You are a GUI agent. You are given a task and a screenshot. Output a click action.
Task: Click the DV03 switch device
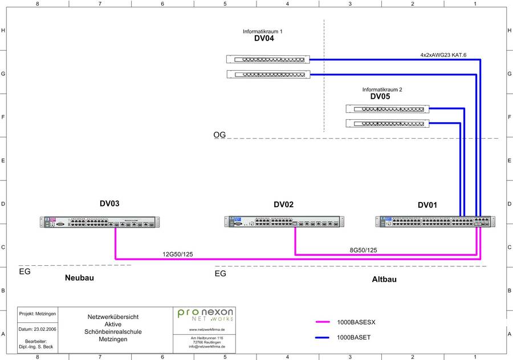pos(100,223)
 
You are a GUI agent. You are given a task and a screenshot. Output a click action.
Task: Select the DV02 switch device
pos(284,223)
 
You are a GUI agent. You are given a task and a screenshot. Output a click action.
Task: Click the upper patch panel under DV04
pos(268,59)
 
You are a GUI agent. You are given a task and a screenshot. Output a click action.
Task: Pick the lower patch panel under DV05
pos(387,124)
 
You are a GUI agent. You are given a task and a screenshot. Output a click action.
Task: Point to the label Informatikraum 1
pos(263,31)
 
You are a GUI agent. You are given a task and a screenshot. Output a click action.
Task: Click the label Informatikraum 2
pos(382,90)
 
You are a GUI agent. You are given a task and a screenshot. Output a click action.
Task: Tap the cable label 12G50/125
pos(178,254)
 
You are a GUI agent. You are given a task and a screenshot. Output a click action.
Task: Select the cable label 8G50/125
pos(363,250)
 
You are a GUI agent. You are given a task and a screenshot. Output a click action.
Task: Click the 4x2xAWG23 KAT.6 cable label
pos(443,55)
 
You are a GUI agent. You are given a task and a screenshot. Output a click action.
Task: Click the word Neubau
pos(79,278)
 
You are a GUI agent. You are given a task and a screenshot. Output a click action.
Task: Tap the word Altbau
pos(384,280)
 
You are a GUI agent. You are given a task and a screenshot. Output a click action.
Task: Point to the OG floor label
pos(219,135)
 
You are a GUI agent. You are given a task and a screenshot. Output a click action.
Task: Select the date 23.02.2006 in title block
pos(37,329)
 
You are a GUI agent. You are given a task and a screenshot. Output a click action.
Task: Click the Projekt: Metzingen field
pos(37,314)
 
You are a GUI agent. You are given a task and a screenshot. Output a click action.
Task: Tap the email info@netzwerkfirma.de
pos(206,346)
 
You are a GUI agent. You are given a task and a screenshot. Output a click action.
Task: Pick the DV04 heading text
pos(264,39)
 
